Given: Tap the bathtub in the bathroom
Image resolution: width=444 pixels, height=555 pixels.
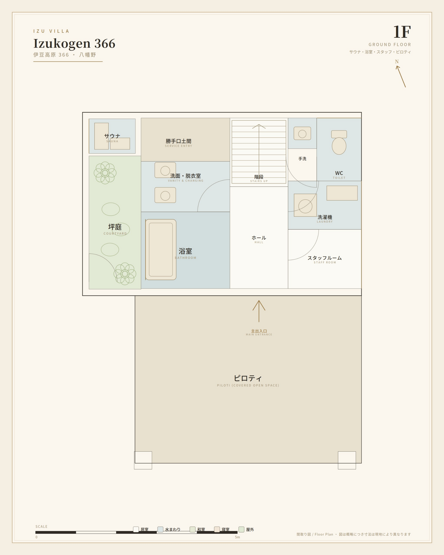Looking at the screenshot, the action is tap(161, 250).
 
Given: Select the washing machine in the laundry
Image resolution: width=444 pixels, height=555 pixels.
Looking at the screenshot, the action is tap(305, 205).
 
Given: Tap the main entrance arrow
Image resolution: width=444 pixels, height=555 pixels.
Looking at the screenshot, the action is tap(259, 311).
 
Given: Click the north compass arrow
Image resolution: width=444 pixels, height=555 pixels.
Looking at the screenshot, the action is tap(401, 76).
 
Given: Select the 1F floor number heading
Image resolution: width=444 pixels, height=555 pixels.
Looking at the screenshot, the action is tap(402, 32).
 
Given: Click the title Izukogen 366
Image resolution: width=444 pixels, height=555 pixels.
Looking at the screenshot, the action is tap(74, 43).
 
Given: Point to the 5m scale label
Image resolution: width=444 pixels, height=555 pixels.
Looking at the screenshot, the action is tap(237, 537).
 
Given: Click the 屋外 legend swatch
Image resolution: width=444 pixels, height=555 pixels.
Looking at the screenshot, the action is tap(241, 529).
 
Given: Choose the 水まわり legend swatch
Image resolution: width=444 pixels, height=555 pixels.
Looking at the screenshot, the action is tap(160, 529).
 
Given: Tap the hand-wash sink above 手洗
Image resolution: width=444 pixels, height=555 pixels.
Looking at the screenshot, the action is tap(302, 133).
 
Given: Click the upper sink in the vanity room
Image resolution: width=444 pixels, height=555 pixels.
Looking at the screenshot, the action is tap(165, 170).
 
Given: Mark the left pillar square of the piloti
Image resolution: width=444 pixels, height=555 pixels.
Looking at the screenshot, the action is tap(143, 460).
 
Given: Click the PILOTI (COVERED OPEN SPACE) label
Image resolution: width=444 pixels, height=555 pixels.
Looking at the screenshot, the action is tap(248, 385).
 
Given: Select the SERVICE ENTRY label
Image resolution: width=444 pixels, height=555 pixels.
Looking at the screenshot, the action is tap(179, 146).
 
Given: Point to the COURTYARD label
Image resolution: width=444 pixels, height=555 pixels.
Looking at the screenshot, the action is tap(115, 234).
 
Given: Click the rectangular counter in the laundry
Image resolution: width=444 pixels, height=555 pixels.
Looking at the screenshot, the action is tap(342, 193).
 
